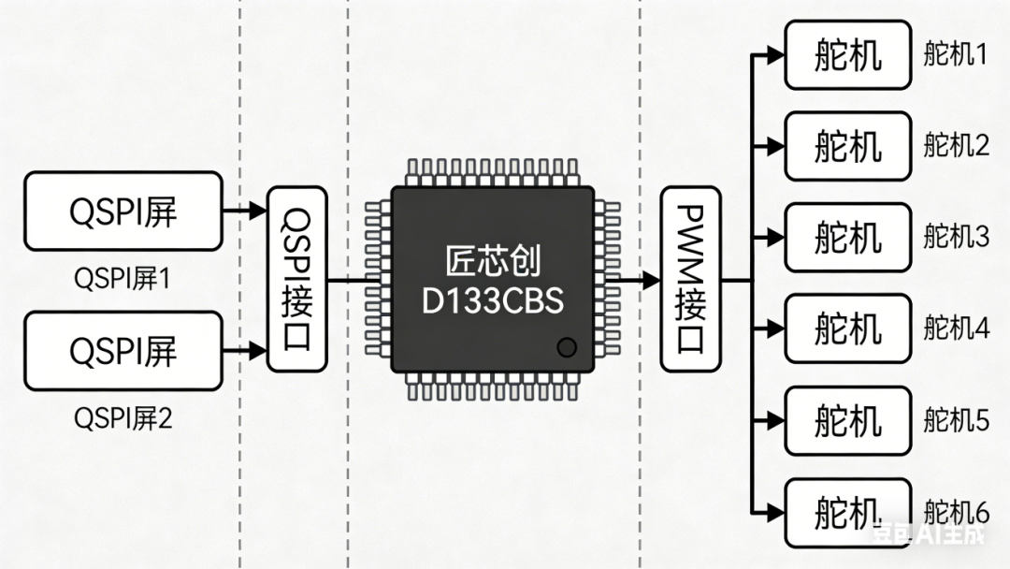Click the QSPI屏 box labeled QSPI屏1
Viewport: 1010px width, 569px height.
[x=123, y=212]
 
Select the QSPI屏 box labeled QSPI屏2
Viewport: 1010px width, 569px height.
[x=123, y=351]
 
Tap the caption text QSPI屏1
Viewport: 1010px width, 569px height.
[x=123, y=278]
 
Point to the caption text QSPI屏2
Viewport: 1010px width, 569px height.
[x=123, y=418]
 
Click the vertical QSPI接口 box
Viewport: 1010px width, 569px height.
[x=296, y=279]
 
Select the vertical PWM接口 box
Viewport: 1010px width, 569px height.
[x=689, y=279]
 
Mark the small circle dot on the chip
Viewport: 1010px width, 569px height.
[x=566, y=348]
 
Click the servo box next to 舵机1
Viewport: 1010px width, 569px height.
[x=847, y=55]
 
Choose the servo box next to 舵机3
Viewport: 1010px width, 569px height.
[x=847, y=238]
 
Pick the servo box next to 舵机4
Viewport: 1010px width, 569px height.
[x=847, y=328]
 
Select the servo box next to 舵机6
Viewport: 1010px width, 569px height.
[x=847, y=512]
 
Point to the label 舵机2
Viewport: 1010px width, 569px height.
[x=956, y=146]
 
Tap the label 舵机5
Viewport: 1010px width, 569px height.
[x=956, y=420]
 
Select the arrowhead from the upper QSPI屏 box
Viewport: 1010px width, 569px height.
[x=258, y=212]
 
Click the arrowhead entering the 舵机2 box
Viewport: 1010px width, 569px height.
[x=774, y=146]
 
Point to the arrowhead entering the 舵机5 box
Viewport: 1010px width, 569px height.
[x=774, y=420]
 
